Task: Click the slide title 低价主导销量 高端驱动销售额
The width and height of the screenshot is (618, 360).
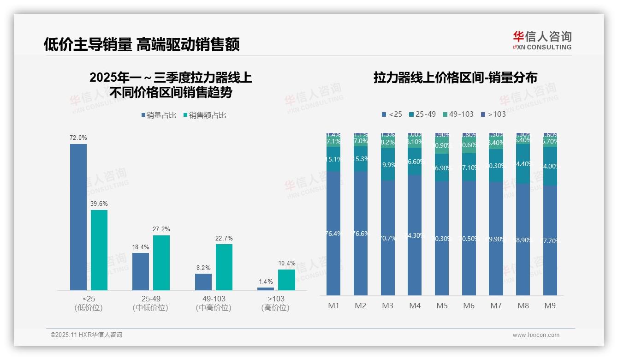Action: tap(142, 44)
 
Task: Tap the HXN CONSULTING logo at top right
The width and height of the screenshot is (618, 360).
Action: tap(542, 41)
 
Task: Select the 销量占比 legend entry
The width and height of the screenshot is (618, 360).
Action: tap(159, 115)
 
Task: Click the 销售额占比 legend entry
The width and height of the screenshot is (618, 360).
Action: tap(205, 115)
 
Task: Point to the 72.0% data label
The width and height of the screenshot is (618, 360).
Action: tap(78, 138)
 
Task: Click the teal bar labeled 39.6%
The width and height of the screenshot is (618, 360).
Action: tap(99, 250)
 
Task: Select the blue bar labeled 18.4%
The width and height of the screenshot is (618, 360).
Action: tap(141, 271)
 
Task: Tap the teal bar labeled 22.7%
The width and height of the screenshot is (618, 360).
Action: tap(224, 267)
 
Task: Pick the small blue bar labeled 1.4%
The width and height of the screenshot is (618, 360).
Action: tap(266, 288)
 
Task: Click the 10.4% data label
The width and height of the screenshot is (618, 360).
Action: tap(286, 264)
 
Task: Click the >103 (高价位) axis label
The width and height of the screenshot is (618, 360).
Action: tap(276, 303)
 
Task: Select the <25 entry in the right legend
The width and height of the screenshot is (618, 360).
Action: tap(392, 114)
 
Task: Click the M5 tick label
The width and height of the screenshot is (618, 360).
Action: tap(442, 306)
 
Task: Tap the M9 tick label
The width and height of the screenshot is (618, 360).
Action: tap(550, 306)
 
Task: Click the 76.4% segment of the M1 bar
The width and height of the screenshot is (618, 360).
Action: tap(333, 233)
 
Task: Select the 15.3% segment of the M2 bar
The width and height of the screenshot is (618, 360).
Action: tap(361, 159)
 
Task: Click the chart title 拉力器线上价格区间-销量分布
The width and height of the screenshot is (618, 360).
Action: tap(455, 78)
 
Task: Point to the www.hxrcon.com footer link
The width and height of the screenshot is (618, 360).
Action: tap(536, 335)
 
